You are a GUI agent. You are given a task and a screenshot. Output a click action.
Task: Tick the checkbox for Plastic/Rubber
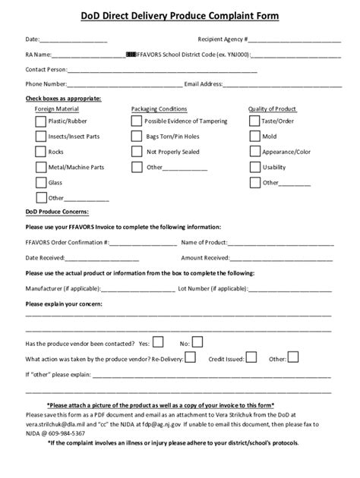click(x=40, y=121)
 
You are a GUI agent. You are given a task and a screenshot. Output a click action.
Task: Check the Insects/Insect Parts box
click(x=40, y=137)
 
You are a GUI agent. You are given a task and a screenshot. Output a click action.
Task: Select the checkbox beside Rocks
click(x=40, y=152)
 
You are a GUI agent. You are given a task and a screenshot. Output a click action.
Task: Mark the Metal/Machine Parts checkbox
click(x=40, y=167)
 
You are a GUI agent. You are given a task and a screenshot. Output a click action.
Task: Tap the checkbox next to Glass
click(x=40, y=183)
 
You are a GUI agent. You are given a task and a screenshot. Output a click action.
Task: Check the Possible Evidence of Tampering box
click(x=137, y=121)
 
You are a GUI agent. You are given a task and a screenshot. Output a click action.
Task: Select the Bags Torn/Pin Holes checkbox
click(x=137, y=137)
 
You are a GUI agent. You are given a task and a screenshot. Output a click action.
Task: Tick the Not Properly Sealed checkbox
click(x=137, y=152)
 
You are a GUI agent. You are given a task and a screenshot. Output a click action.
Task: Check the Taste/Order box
click(x=254, y=121)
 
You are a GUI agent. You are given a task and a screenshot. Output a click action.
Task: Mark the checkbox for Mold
click(x=254, y=137)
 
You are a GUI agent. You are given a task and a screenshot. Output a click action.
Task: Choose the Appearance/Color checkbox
click(x=254, y=152)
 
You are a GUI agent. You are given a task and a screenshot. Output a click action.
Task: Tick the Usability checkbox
click(x=254, y=167)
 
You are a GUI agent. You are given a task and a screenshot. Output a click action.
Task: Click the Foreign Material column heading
click(x=51, y=109)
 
